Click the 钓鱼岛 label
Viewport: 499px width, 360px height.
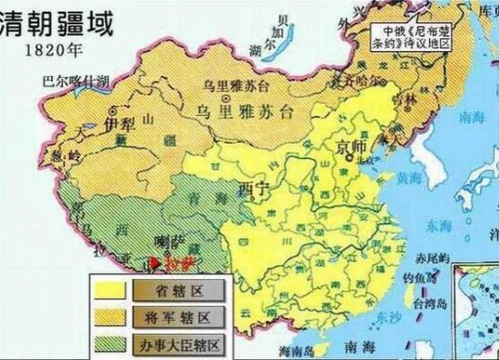[x=412, y=278]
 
